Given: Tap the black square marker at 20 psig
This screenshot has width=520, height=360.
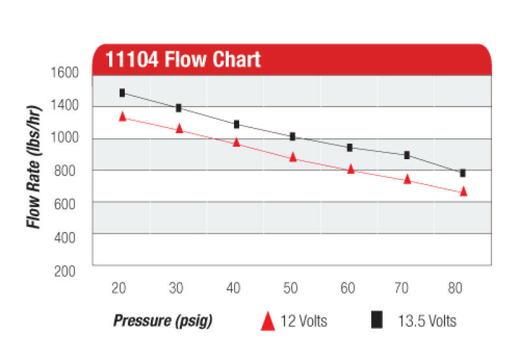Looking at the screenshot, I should (122, 93).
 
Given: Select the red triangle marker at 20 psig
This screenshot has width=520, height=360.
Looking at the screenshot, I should (122, 116).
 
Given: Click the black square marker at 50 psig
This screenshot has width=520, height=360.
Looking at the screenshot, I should (292, 136).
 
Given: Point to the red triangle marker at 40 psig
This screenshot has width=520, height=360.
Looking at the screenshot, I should (237, 142).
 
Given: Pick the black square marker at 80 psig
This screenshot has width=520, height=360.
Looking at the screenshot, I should (463, 173).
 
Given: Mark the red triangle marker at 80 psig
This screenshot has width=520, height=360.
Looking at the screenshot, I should (463, 191).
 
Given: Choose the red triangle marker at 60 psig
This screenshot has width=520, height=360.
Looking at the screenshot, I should (350, 169).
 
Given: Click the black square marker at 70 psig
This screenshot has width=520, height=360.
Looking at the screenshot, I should (407, 155).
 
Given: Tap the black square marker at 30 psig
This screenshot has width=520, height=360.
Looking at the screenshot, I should (179, 108).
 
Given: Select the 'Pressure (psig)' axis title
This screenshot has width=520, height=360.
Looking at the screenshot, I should (162, 321).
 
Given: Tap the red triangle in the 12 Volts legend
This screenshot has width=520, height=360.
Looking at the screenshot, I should (267, 321).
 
